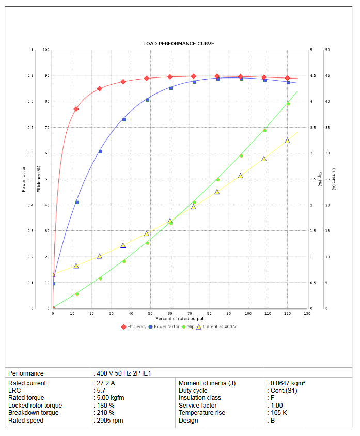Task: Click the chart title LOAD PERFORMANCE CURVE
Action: (179, 44)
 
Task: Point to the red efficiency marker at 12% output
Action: (76, 109)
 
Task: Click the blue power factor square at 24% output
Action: (100, 151)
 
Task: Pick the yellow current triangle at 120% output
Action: (287, 141)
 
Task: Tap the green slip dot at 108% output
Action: (264, 130)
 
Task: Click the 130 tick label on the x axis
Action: (307, 314)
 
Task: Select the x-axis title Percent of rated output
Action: (180, 319)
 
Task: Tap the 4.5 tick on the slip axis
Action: (311, 76)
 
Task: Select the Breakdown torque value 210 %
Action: (107, 413)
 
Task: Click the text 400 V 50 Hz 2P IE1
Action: (124, 373)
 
